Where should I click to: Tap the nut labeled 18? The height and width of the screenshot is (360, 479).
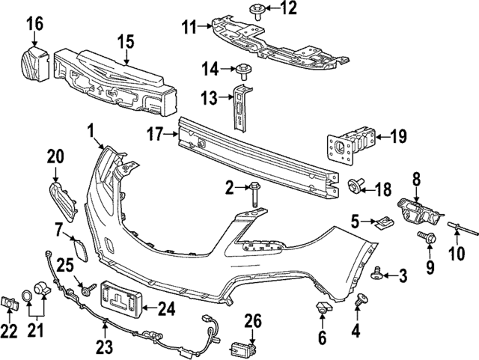click(x=357, y=186)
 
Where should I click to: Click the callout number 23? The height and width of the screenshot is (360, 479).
click(x=105, y=346)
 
